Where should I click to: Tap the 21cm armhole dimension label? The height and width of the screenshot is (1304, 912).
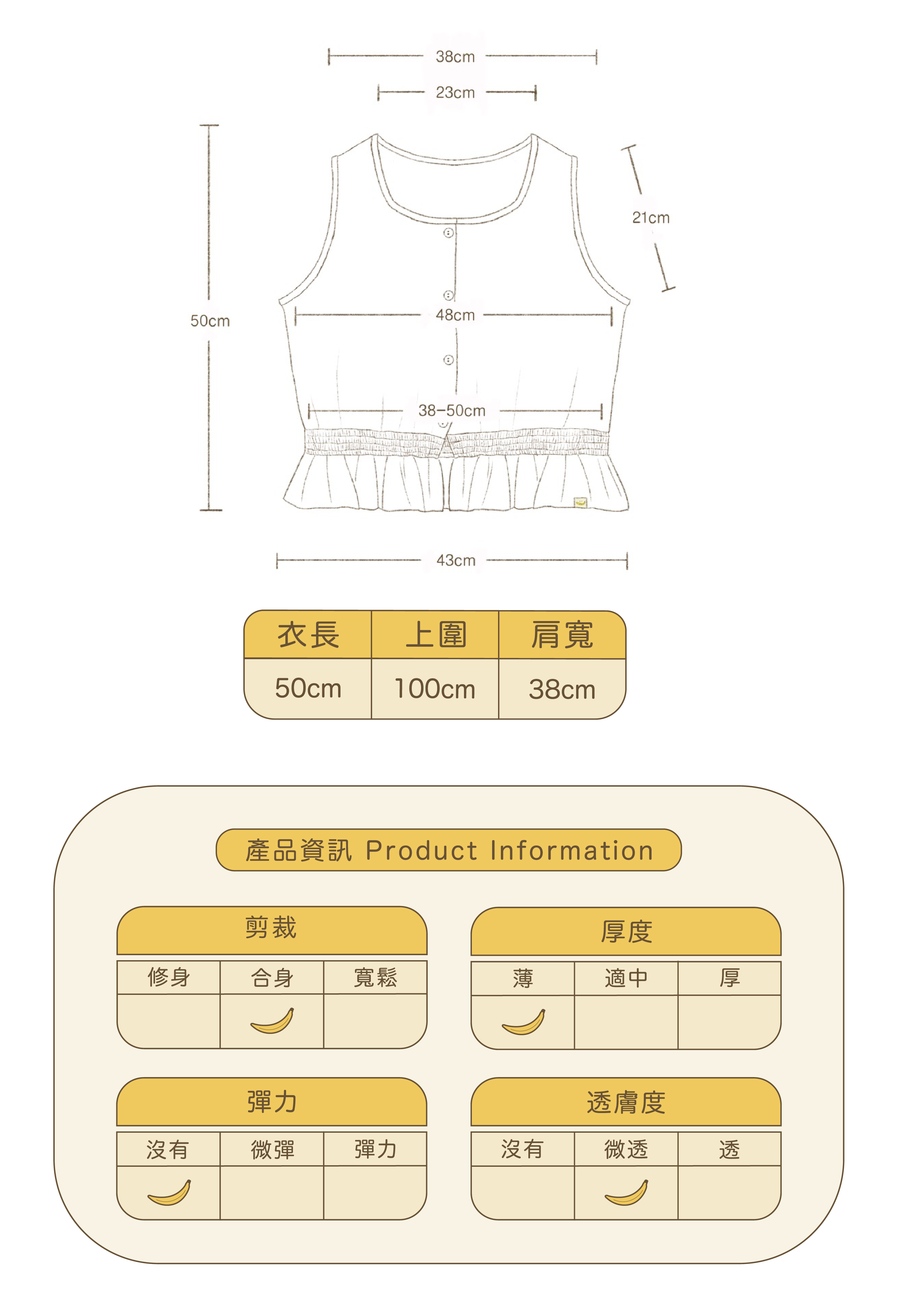click(x=651, y=218)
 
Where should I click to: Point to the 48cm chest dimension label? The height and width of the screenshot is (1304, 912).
click(x=455, y=315)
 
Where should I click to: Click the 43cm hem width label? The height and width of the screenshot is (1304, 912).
click(x=456, y=560)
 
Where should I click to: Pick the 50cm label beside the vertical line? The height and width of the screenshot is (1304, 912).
click(x=210, y=321)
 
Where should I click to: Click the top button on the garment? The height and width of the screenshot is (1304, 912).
click(x=448, y=233)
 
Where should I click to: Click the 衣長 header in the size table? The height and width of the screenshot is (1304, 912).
click(x=308, y=634)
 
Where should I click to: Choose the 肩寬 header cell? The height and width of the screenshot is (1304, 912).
click(x=562, y=634)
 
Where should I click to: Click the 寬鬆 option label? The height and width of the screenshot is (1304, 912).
click(x=375, y=977)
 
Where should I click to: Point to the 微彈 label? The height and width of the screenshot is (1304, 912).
click(x=272, y=1150)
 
